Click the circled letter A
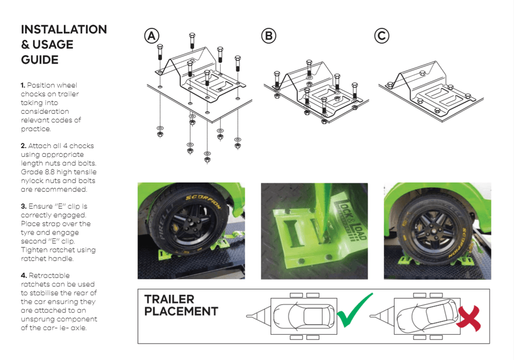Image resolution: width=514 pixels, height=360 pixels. pyautogui.click(x=151, y=36)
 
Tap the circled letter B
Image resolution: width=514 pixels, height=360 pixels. pyautogui.click(x=269, y=36)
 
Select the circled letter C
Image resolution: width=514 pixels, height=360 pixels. pyautogui.click(x=381, y=36)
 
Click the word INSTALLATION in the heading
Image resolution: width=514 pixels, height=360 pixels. pyautogui.click(x=64, y=29)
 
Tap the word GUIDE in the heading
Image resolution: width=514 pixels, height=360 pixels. pyautogui.click(x=40, y=60)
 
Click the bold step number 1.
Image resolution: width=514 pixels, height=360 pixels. pyautogui.click(x=23, y=85)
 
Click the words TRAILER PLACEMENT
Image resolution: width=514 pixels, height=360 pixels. pyautogui.click(x=181, y=305)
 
